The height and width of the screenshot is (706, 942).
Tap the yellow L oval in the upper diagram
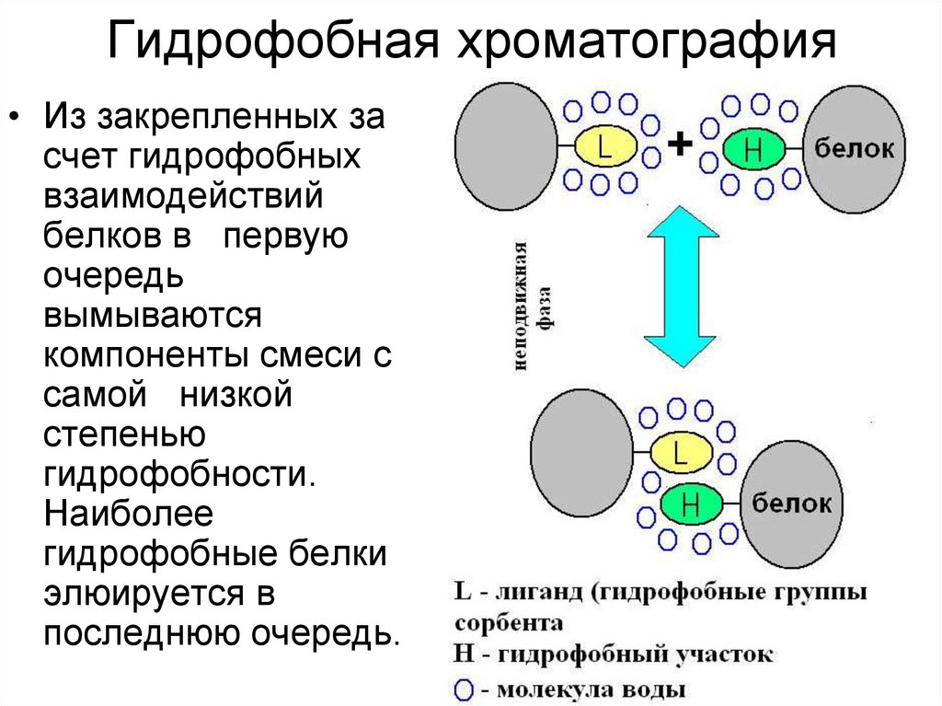click(x=605, y=146)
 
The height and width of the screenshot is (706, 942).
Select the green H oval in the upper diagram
click(x=753, y=149)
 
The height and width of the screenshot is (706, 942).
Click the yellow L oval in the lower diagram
click(x=682, y=452)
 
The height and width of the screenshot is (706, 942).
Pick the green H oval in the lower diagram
click(x=691, y=503)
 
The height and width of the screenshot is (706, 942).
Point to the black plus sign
click(x=680, y=144)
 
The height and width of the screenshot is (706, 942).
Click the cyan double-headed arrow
click(x=682, y=286)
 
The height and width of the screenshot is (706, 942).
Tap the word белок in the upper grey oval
click(x=854, y=148)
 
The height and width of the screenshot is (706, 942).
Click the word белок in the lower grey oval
click(x=791, y=503)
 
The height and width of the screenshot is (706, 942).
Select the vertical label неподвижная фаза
click(x=533, y=307)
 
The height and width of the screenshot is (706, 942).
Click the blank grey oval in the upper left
click(x=507, y=145)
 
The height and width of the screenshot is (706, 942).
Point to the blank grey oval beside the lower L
click(x=581, y=453)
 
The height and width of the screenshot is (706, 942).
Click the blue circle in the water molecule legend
click(x=464, y=689)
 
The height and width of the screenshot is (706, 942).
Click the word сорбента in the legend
click(x=509, y=623)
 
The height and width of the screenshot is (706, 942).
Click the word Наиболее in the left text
click(x=128, y=515)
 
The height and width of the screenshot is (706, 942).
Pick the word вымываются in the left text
click(x=153, y=316)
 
